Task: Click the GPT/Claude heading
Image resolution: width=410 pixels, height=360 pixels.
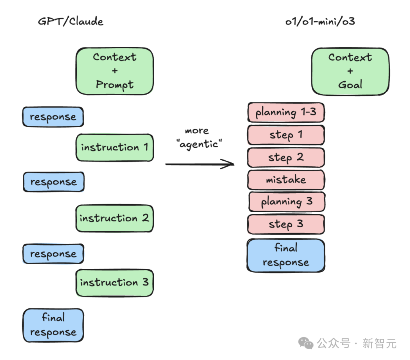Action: tap(71, 21)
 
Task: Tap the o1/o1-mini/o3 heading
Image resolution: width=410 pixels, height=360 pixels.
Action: tap(320, 21)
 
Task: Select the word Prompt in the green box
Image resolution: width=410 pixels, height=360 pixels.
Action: tap(115, 85)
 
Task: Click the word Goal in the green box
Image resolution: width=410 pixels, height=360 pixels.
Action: tap(350, 85)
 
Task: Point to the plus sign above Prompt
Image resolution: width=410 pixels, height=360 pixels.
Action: tap(115, 71)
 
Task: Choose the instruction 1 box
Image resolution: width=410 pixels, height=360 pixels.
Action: tap(115, 148)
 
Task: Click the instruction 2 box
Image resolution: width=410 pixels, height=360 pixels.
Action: tap(115, 218)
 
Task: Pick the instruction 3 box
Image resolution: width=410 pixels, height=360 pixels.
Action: tap(115, 283)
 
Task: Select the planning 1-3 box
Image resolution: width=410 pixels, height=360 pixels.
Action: tap(286, 112)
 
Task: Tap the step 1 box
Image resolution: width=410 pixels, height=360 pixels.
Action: tap(286, 135)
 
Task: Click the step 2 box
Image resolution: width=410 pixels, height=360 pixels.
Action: tap(286, 158)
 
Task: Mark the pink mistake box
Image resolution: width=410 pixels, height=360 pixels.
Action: tap(286, 180)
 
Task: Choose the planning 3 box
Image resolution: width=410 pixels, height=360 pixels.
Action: tap(287, 202)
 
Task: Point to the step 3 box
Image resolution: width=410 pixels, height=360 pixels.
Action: tap(286, 224)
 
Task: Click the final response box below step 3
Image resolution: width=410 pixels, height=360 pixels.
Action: tap(286, 256)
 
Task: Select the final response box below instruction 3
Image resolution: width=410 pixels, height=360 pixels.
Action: tap(54, 325)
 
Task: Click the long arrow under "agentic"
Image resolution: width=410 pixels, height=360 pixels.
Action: tap(200, 164)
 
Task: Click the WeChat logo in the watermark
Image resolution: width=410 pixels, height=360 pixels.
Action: tap(306, 343)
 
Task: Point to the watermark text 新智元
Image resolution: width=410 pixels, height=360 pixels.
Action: tap(380, 343)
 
